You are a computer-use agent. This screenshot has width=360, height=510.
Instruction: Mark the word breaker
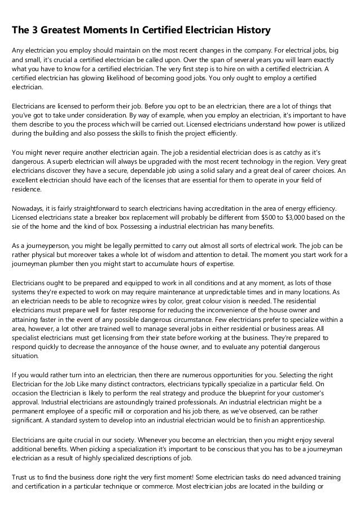click(110, 217)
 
